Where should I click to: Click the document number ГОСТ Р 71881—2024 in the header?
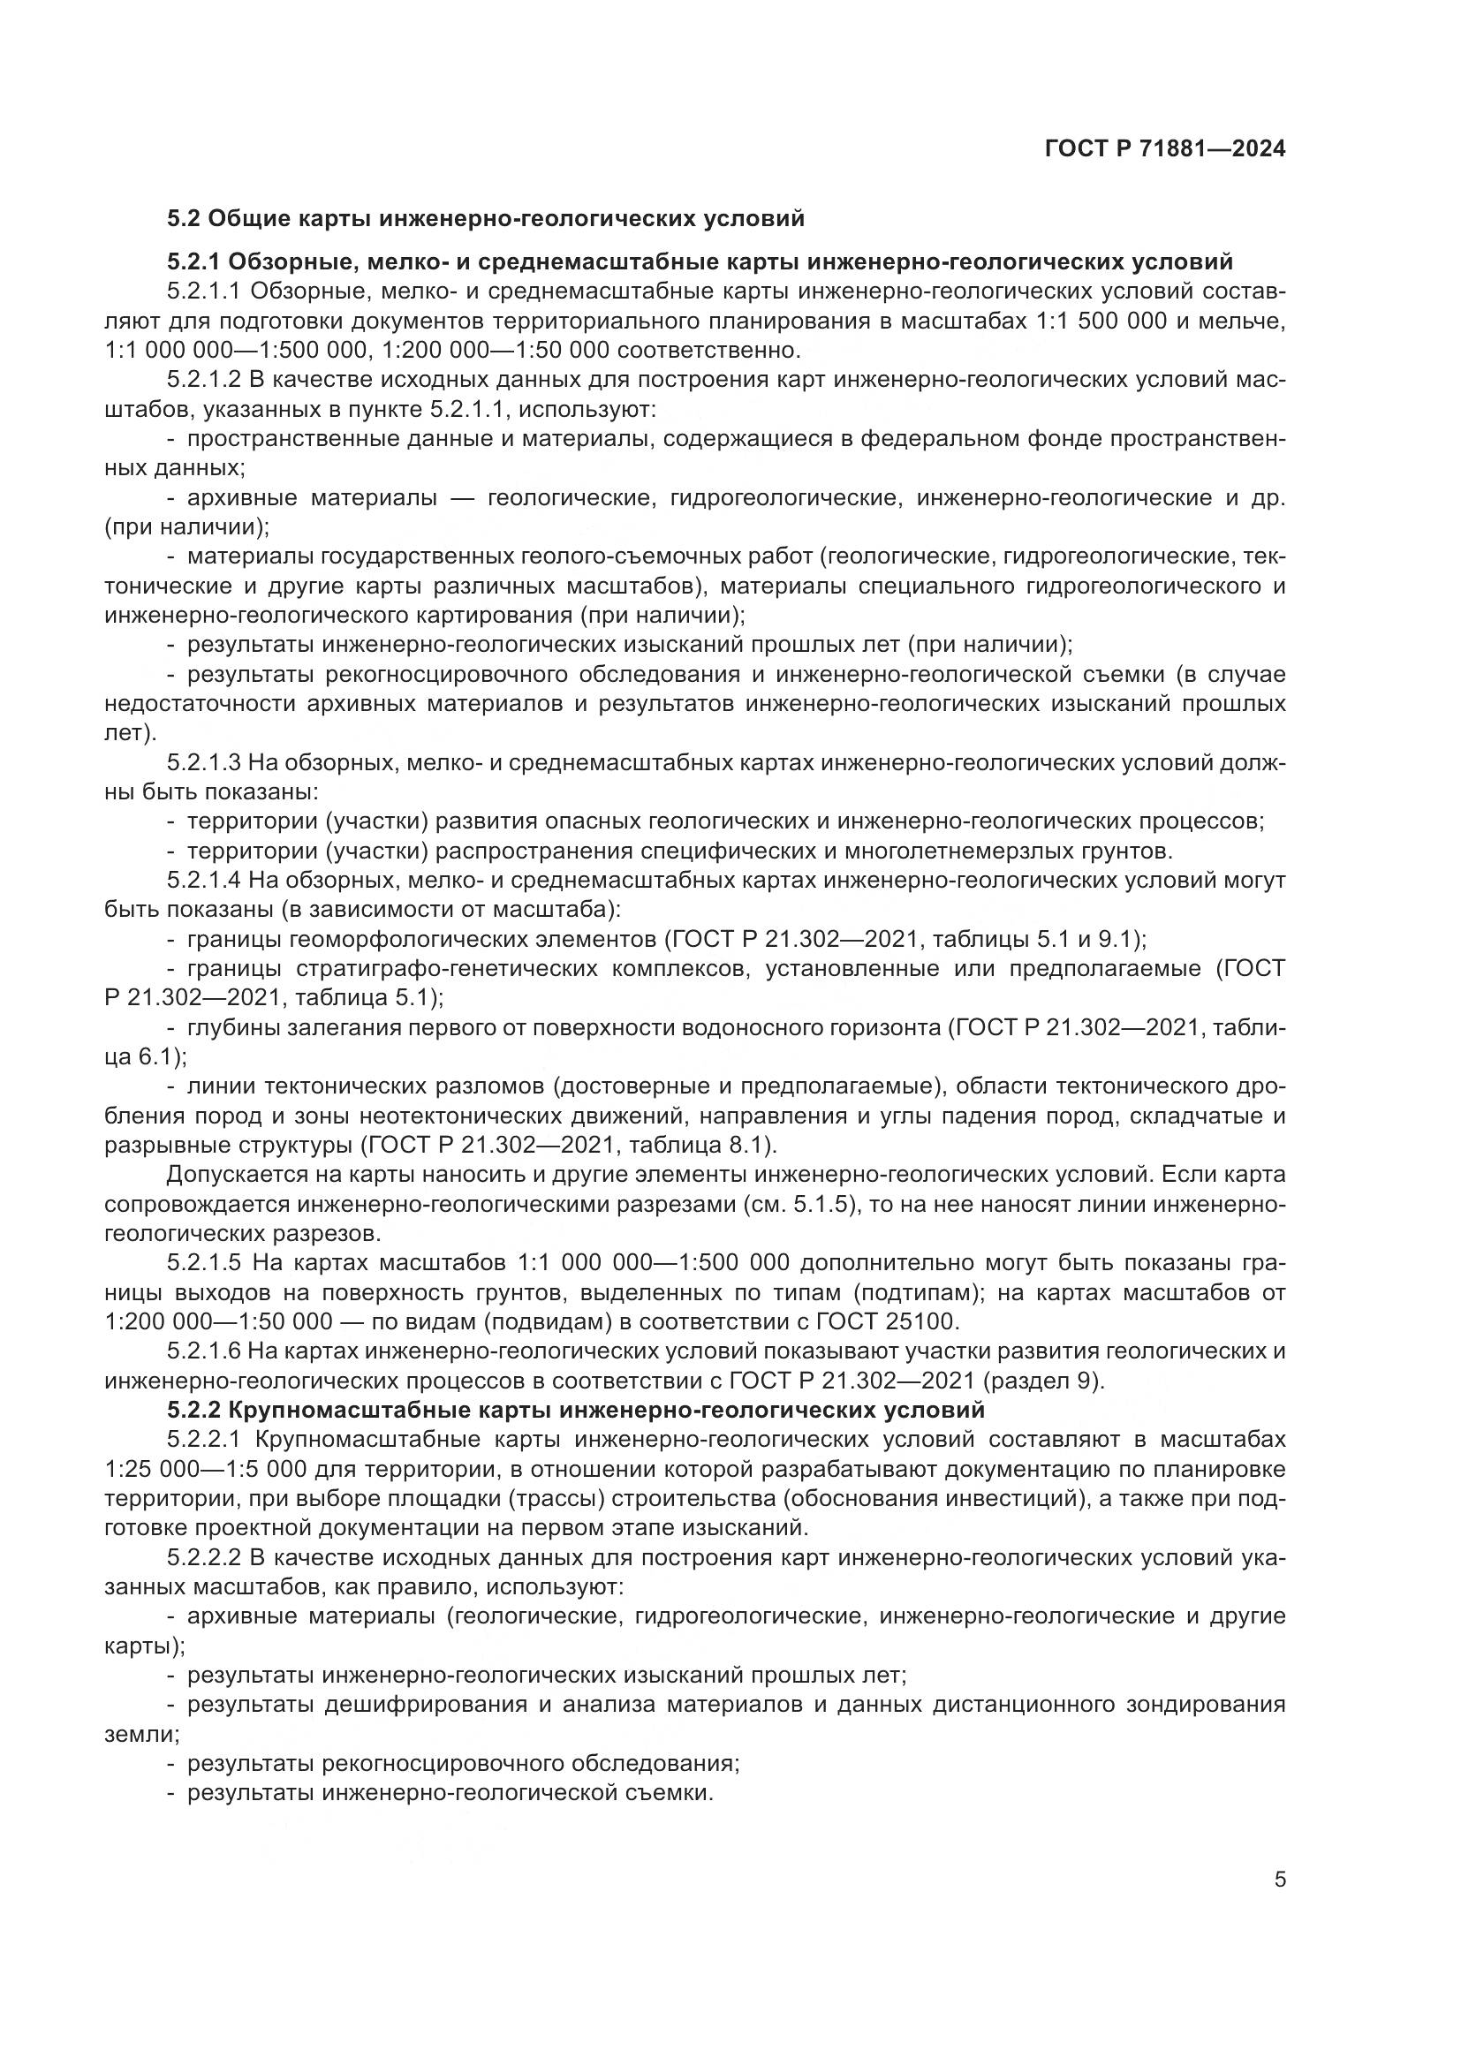[1165, 149]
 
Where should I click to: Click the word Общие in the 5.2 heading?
[251, 219]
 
